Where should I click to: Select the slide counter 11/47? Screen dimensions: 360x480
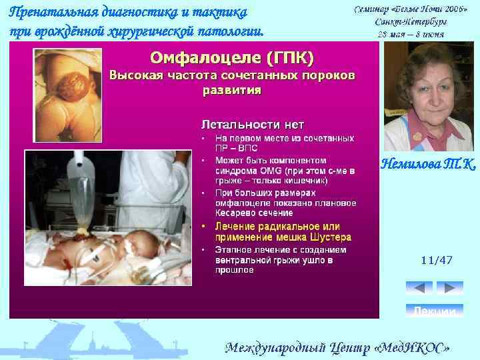pos(437,261)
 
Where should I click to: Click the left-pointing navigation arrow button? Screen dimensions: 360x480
pos(419,287)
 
